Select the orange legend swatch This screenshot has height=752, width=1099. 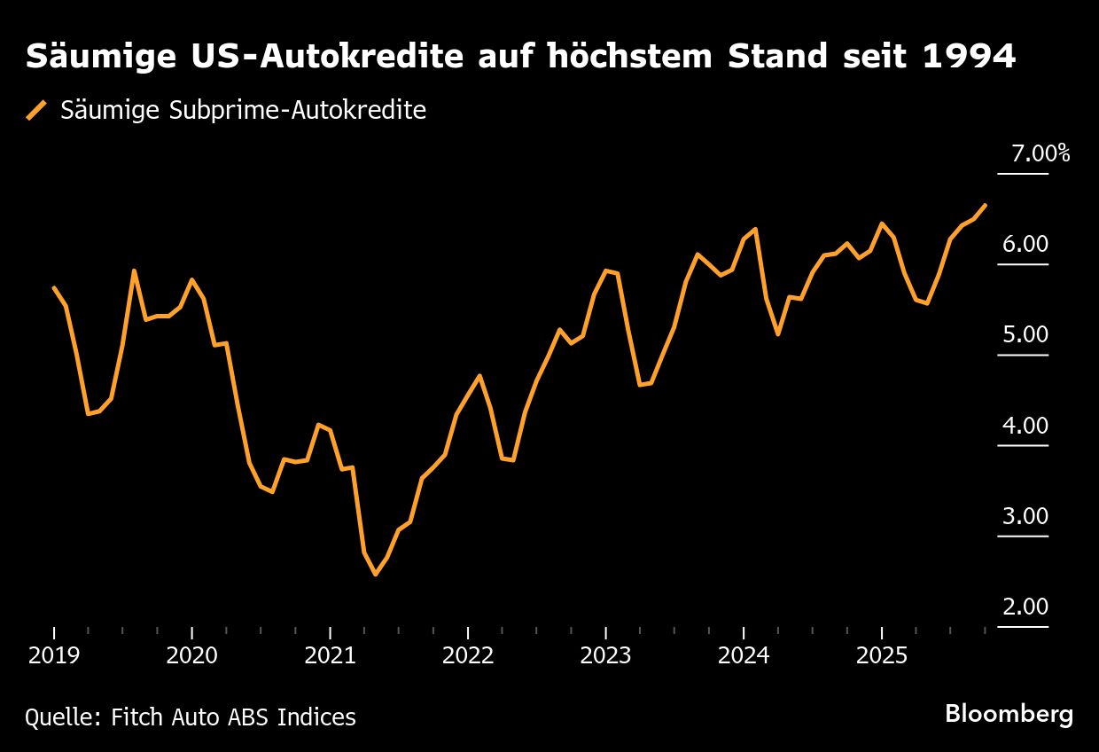36,111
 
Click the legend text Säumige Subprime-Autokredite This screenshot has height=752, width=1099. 243,111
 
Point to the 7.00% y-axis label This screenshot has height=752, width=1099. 1041,153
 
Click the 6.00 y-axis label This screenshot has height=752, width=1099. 1025,244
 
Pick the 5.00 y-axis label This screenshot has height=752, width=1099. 1025,334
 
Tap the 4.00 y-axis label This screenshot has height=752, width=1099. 1025,426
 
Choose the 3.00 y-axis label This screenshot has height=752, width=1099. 1025,516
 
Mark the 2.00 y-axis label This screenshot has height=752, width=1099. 1025,607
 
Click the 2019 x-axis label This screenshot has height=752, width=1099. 54,656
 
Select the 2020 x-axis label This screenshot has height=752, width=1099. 192,656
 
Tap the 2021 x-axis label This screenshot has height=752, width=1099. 330,656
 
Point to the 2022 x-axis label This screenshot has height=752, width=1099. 468,656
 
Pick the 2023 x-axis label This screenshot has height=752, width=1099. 605,656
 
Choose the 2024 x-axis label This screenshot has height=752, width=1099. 744,656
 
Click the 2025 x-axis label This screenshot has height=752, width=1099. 881,656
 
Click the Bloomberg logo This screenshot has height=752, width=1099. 1009,714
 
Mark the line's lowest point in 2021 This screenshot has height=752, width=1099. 376,575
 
